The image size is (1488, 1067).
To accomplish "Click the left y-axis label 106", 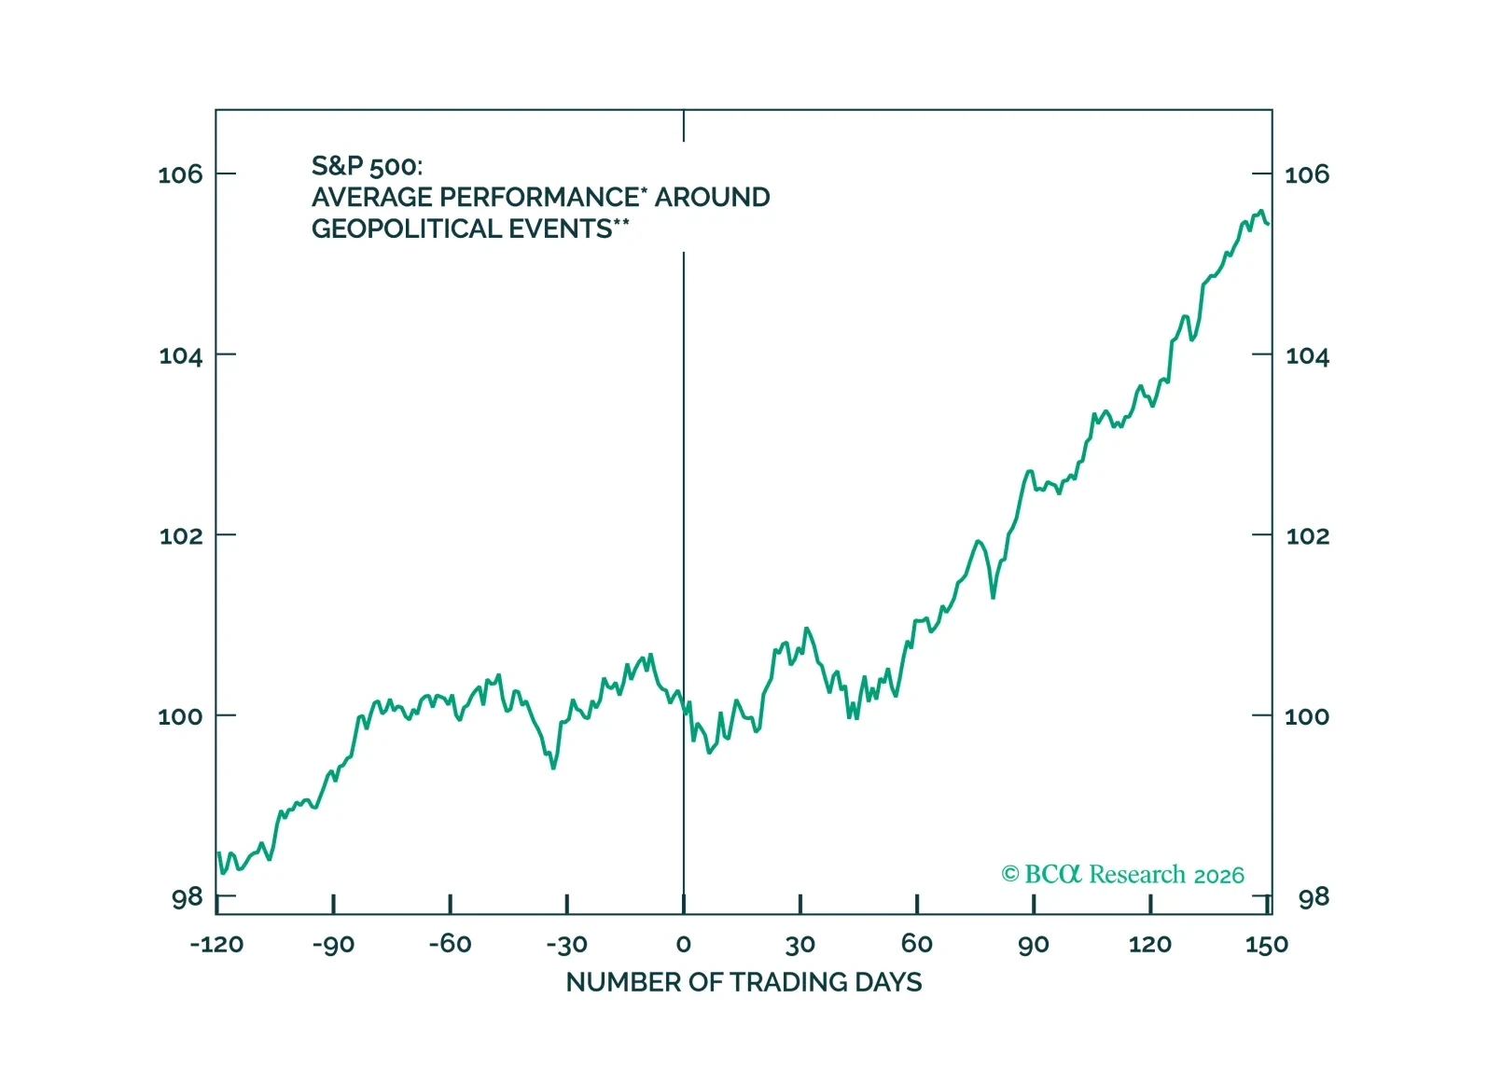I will [180, 174].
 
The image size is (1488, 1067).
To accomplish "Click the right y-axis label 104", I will [1307, 355].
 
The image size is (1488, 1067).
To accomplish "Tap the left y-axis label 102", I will [180, 536].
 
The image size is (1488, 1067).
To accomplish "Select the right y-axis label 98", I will [1314, 897].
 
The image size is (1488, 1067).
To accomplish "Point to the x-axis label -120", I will [216, 944].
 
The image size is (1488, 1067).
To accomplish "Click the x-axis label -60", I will [450, 944].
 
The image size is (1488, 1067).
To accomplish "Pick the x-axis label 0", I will [684, 944].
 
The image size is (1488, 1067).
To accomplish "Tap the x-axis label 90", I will [1034, 944].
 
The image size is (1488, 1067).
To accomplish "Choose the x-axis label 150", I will [1266, 944].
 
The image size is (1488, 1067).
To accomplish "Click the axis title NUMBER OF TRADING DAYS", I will [744, 982].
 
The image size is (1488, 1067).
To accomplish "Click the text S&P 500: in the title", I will [367, 166].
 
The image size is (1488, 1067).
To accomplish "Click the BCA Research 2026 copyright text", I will [1122, 874].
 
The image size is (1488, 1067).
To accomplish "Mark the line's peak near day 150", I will [1261, 211].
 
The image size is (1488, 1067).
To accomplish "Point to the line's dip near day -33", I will [553, 768].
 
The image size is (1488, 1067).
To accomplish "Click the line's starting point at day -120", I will [218, 852].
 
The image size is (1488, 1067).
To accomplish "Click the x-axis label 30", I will [800, 944].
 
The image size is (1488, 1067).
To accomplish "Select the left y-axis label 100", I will [180, 716].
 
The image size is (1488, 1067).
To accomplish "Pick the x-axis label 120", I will [1149, 944].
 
